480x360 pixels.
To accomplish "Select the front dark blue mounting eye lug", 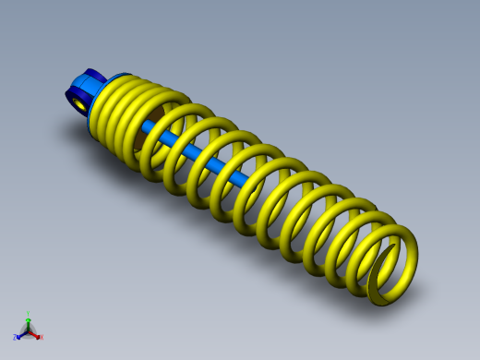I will [x=73, y=98].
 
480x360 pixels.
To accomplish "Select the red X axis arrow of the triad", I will [x=35, y=334].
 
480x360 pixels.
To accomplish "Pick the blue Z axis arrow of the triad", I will [x=21, y=334].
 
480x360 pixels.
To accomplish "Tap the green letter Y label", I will [x=29, y=314].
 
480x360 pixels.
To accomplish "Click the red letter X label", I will [x=41, y=338].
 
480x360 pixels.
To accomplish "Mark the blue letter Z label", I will [x=16, y=338].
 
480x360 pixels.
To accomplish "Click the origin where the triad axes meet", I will [x=29, y=330].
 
